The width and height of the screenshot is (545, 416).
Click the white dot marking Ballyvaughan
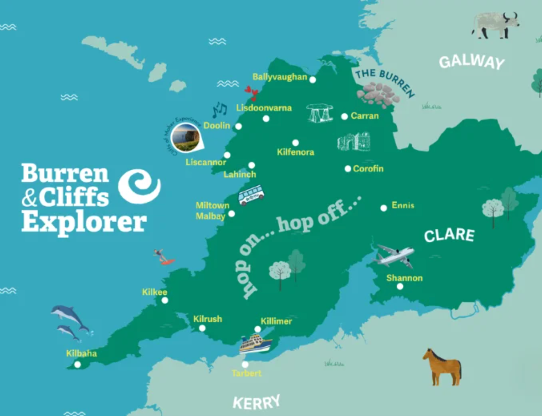(x=312, y=80)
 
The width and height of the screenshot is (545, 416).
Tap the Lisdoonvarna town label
(x=264, y=108)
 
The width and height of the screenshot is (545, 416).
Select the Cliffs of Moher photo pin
(x=185, y=137)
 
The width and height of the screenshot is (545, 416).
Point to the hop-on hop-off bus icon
(x=251, y=195)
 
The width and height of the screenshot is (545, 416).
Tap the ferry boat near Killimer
(x=255, y=344)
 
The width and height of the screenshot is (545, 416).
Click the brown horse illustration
(x=442, y=367)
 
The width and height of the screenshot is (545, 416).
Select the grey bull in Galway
(x=495, y=25)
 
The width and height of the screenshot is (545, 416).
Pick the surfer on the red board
(x=164, y=257)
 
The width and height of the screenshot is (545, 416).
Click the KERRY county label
(x=256, y=403)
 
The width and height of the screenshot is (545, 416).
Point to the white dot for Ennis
(x=384, y=208)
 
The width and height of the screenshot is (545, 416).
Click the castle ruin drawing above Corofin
(x=354, y=142)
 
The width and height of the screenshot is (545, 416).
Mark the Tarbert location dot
(x=245, y=365)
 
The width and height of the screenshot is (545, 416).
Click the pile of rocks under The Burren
(x=377, y=94)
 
